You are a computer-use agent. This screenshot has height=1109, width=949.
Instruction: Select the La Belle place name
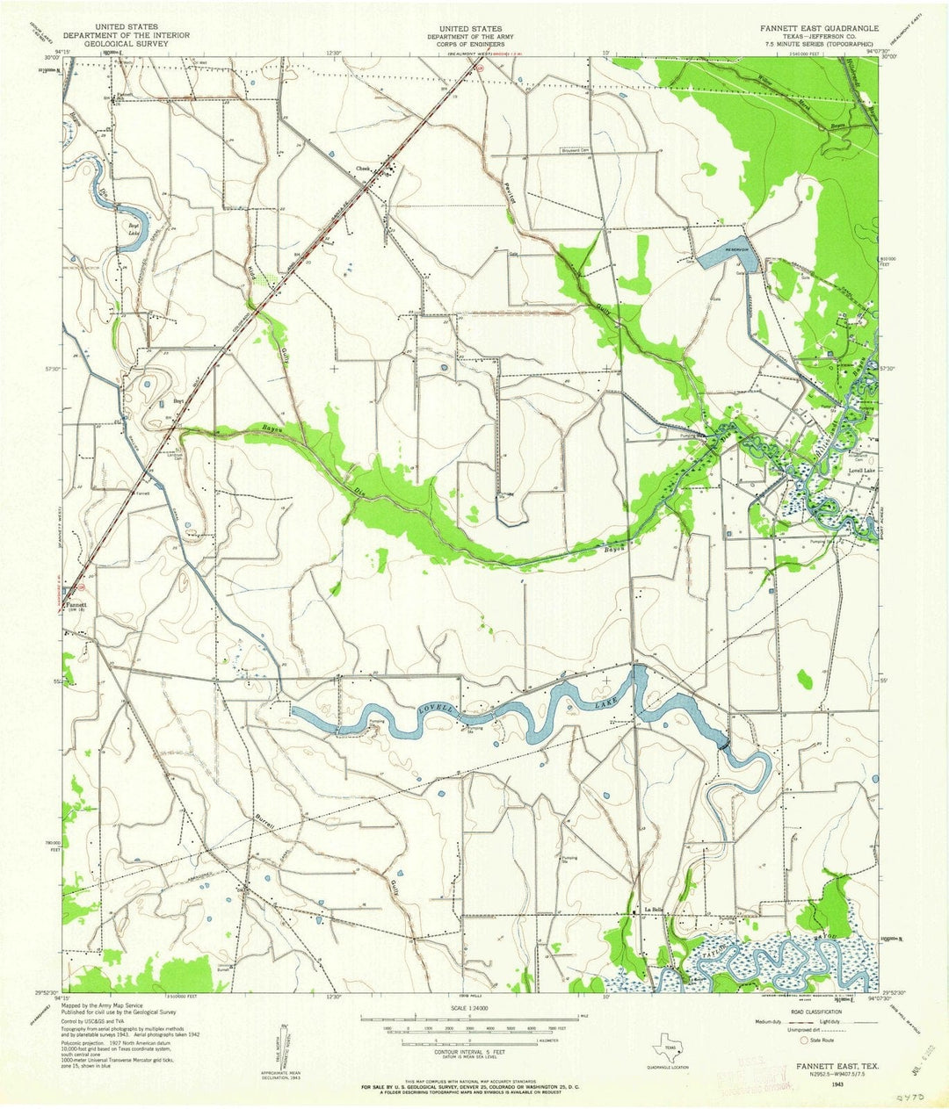click(x=653, y=909)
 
